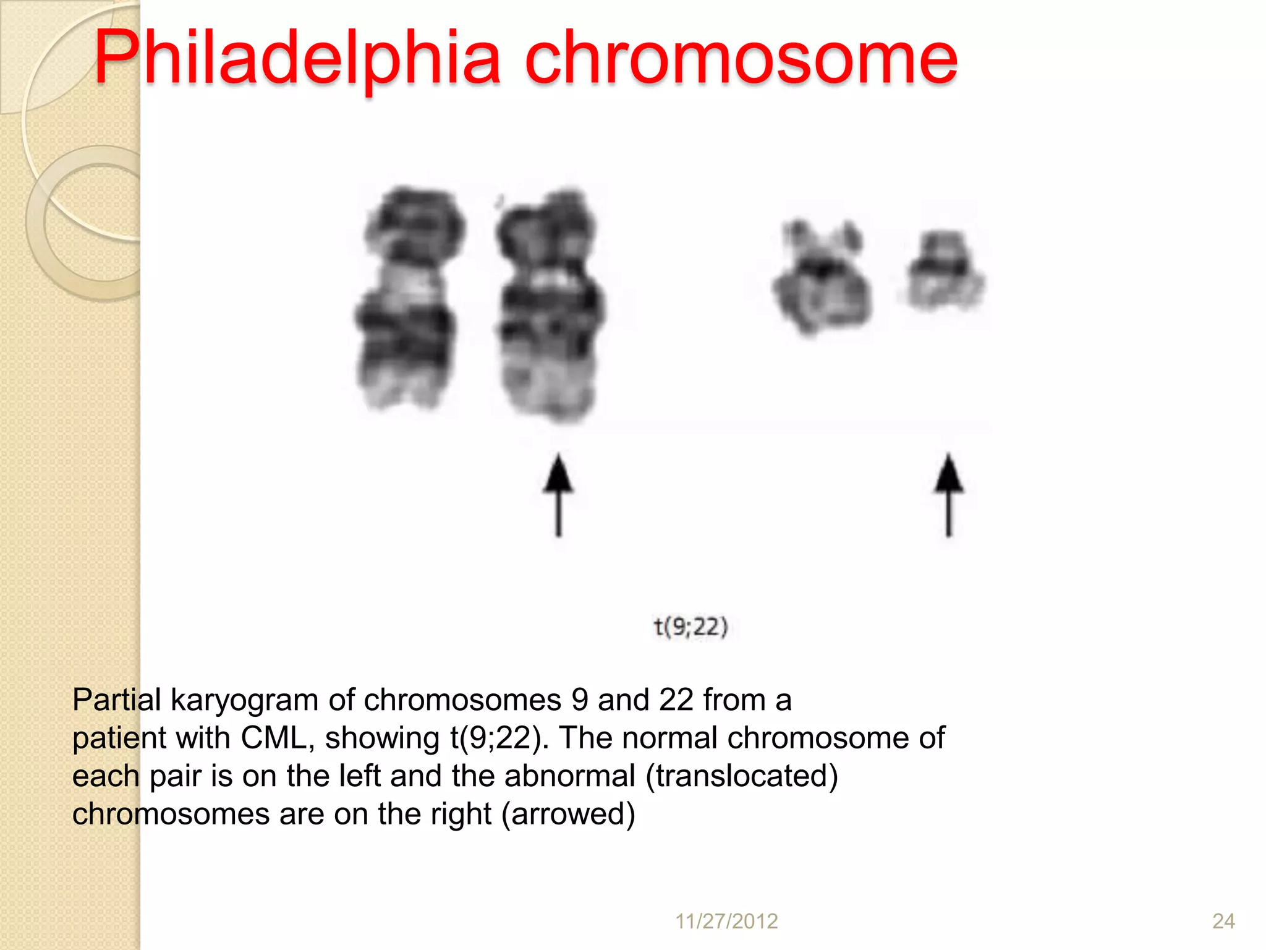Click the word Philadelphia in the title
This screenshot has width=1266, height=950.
(297, 59)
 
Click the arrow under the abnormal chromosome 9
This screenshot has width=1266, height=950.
(558, 495)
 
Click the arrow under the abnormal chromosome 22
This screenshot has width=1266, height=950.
(948, 495)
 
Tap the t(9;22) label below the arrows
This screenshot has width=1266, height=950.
(691, 627)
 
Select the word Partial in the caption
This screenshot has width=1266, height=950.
(117, 701)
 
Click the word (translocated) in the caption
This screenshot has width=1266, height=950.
(742, 776)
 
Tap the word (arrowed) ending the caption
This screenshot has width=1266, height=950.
(568, 815)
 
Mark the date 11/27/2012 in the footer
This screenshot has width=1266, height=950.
(726, 921)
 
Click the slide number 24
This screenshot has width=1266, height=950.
(1223, 921)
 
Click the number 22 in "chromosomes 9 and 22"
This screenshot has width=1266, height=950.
(676, 701)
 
